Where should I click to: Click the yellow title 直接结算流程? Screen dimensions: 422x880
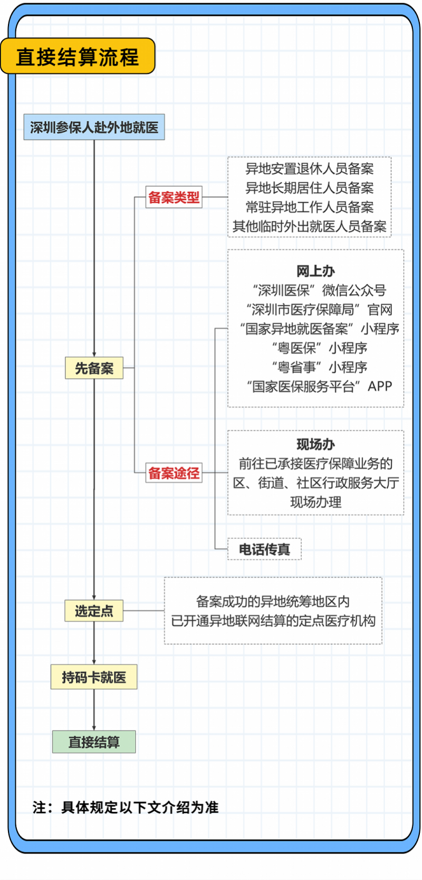click(78, 56)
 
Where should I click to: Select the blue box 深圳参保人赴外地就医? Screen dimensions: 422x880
click(94, 127)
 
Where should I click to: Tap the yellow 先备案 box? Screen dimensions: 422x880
click(94, 368)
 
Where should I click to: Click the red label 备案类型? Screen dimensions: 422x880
click(174, 197)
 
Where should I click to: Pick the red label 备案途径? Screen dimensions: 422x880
click(174, 473)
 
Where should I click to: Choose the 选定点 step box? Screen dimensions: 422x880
click(94, 611)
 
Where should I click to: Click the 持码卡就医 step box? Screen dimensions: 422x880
click(94, 677)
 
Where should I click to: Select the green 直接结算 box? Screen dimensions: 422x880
click(94, 742)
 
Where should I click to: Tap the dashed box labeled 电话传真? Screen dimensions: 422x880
click(265, 549)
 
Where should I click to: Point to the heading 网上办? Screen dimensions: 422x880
click(316, 271)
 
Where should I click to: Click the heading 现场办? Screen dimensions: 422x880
click(316, 444)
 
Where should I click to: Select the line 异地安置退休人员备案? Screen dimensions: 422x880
click(310, 169)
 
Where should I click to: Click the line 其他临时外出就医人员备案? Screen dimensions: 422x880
click(310, 226)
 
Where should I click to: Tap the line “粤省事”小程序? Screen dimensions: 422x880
click(320, 367)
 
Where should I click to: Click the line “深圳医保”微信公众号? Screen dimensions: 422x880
click(319, 291)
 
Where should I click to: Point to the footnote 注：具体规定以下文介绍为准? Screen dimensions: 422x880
click(126, 808)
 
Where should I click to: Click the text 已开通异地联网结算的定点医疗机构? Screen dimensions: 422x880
click(273, 621)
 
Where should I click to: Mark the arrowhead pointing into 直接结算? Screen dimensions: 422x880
click(94, 728)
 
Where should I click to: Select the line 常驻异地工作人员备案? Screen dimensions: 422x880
click(310, 207)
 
